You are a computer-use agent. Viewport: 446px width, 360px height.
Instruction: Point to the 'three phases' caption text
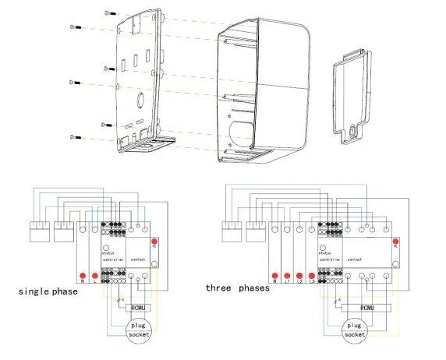point(238,288)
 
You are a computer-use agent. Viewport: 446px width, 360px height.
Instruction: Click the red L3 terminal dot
point(312,275)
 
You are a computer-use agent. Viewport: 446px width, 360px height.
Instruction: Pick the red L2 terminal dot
point(300,275)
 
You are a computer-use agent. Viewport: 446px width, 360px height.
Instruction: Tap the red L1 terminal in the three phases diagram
point(288,275)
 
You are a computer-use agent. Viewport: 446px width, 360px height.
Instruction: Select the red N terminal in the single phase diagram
point(82,275)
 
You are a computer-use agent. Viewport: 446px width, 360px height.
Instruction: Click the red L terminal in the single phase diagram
point(94,275)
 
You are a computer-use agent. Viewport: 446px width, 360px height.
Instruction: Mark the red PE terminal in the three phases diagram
point(395,243)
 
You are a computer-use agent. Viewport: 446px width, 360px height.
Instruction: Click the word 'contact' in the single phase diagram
point(137,258)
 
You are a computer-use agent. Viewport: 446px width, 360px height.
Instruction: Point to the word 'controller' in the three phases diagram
point(331,258)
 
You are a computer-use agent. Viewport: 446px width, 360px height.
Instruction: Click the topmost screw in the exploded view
point(106,14)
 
